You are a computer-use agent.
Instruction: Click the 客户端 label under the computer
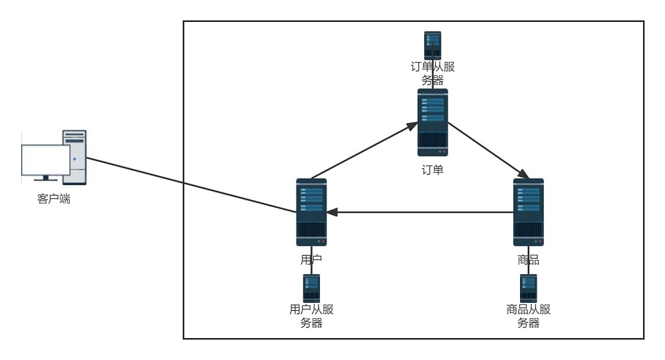54,199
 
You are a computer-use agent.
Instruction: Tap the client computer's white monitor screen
46,160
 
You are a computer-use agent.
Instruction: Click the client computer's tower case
74,157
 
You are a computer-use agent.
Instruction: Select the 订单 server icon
433,122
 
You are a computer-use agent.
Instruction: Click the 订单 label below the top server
433,170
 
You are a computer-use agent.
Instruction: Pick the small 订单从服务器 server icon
433,45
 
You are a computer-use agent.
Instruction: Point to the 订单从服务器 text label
433,73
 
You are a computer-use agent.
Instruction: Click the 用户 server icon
311,212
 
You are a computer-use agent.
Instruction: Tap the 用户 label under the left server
311,260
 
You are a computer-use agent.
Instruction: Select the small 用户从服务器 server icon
311,288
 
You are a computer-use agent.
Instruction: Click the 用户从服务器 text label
311,316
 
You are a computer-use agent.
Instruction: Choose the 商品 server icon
529,212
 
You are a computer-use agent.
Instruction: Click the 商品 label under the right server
529,260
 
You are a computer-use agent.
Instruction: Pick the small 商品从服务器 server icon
529,288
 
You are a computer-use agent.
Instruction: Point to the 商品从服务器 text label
529,316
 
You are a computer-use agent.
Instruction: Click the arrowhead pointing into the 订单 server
412,126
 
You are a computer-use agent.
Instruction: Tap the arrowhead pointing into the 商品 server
524,174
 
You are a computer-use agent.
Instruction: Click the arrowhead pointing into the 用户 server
332,212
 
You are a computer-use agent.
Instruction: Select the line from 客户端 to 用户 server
192,185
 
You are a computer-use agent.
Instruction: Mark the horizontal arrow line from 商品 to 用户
420,212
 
